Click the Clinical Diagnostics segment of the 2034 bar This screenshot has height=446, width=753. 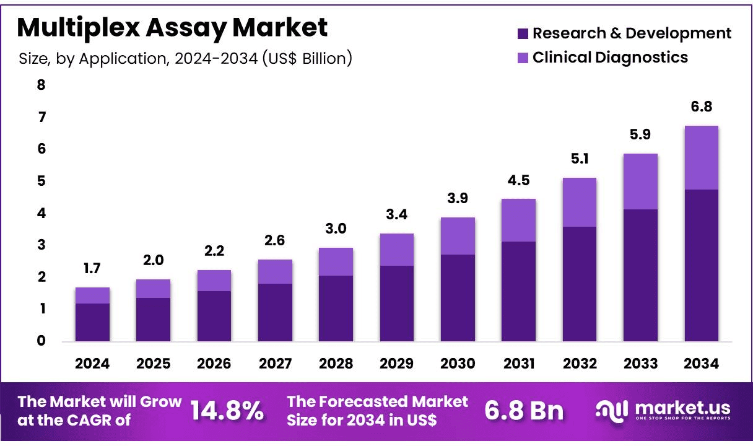tap(701, 157)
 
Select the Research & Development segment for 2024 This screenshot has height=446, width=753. tap(92, 322)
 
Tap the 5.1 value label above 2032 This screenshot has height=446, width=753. tap(580, 159)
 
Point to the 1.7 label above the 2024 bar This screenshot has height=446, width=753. tap(92, 269)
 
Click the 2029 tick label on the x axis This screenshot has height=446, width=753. tap(397, 364)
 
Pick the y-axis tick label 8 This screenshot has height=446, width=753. tap(41, 85)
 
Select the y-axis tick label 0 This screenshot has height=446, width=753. tap(41, 341)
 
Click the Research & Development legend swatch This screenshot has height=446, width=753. tap(522, 33)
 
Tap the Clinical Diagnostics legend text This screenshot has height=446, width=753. tap(610, 58)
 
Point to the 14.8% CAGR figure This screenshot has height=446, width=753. tap(227, 411)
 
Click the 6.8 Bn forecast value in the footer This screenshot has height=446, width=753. tap(524, 411)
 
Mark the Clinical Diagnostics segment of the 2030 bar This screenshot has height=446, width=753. tap(458, 236)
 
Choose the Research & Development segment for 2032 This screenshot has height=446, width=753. tap(580, 284)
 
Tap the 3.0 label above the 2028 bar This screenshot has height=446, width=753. tap(336, 229)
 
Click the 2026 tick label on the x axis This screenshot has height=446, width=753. tap(214, 364)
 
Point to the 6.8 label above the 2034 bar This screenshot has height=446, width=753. tap(701, 107)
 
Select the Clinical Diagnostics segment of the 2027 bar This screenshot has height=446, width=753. tap(275, 271)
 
